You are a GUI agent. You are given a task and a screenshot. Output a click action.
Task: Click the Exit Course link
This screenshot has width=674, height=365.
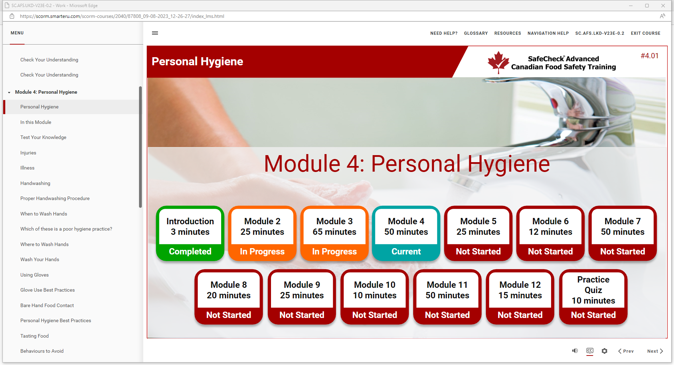tap(646, 33)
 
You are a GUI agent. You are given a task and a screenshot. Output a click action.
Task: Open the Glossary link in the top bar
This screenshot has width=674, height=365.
tap(476, 33)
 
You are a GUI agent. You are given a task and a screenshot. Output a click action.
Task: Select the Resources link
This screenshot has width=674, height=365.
tap(508, 33)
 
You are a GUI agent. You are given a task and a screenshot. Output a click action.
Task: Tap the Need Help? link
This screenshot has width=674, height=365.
tap(444, 33)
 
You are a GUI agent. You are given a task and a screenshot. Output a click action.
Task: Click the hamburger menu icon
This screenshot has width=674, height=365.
tap(155, 33)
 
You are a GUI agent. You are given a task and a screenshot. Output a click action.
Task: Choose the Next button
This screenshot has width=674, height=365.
tap(655, 351)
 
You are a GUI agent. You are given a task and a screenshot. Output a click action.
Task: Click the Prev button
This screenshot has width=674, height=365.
tap(626, 351)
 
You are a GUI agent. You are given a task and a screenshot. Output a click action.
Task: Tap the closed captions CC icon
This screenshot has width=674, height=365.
tap(590, 351)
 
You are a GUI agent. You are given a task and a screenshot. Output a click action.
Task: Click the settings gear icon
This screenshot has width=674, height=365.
tap(604, 351)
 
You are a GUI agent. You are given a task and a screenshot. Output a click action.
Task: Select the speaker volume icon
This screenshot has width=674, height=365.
tap(575, 351)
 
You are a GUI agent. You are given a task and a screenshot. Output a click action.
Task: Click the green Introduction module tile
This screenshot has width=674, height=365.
tap(190, 233)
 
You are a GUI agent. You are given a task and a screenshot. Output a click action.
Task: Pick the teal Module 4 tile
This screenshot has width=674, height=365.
tap(406, 233)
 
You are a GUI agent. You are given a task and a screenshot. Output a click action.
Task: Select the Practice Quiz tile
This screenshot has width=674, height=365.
tap(593, 297)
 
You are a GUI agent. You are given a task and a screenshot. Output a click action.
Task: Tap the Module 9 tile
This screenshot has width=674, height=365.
tap(302, 297)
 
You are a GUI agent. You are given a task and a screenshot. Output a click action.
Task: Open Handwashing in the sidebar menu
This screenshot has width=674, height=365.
tap(35, 183)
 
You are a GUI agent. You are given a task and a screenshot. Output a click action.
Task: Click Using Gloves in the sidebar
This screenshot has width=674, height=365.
tap(34, 275)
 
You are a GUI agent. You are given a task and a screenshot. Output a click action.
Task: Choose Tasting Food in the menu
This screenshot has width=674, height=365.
tap(34, 336)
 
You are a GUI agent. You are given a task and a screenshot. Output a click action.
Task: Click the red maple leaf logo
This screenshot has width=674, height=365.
tap(498, 62)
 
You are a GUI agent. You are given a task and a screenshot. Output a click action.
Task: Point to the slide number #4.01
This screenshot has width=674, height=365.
tap(649, 56)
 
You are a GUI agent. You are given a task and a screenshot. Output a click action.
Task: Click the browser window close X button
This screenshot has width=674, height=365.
tap(663, 6)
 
